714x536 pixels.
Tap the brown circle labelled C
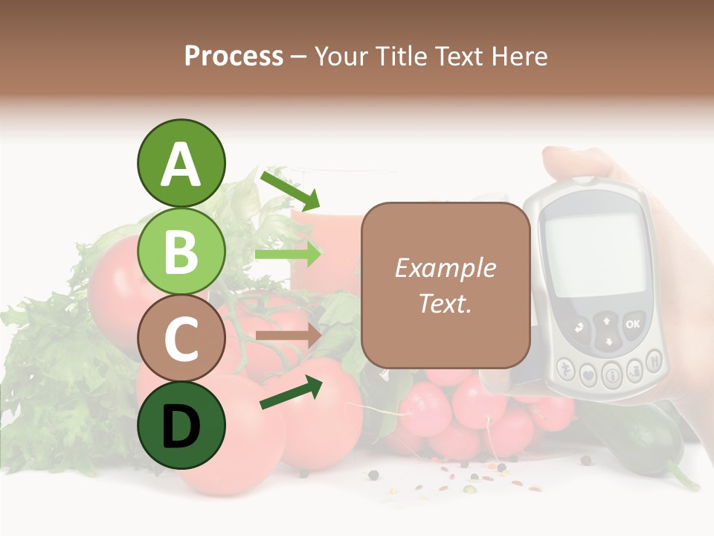point(181,339)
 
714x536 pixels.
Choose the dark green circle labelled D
point(181,426)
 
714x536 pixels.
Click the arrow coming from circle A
point(290,190)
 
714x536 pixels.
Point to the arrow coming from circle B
point(288,253)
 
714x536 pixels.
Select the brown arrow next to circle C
point(288,336)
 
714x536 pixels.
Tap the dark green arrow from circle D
point(291,392)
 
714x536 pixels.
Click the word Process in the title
point(234,56)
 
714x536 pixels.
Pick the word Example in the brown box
point(445,268)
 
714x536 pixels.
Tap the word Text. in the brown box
point(445,303)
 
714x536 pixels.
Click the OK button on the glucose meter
point(632,324)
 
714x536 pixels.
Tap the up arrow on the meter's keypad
point(607,321)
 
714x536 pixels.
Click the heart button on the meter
point(588,375)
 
